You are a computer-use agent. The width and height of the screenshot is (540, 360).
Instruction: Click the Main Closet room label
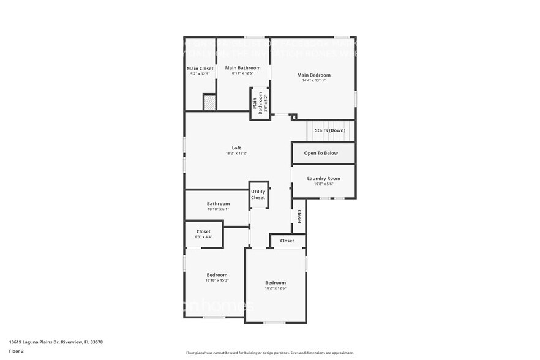click(x=200, y=69)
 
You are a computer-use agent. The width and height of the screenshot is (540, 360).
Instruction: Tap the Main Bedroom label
click(x=313, y=75)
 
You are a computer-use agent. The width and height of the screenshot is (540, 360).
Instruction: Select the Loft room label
click(x=236, y=148)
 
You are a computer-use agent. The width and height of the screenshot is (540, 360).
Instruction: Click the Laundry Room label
click(x=323, y=178)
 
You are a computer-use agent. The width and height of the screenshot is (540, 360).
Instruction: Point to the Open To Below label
click(x=321, y=153)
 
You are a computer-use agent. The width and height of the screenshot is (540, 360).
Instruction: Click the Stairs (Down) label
click(x=330, y=130)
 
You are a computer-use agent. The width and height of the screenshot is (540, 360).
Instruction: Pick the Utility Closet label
click(x=258, y=195)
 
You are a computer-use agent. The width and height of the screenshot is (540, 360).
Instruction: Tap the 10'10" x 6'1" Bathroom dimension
click(x=217, y=209)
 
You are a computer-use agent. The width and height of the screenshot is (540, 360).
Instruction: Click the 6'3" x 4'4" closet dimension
click(x=203, y=237)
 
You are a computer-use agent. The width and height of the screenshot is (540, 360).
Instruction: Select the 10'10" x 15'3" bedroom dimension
click(x=217, y=280)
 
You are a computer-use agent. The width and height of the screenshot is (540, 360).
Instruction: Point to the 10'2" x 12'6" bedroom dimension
click(x=276, y=288)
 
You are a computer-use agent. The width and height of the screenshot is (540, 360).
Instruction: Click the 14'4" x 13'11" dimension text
click(x=313, y=80)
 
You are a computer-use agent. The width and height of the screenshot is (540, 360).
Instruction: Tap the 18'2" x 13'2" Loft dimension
click(x=236, y=153)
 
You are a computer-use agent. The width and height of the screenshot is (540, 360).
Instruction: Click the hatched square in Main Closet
click(x=209, y=102)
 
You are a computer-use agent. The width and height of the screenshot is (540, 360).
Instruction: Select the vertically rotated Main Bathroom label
click(x=260, y=103)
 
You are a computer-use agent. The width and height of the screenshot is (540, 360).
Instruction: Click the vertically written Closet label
click(x=299, y=217)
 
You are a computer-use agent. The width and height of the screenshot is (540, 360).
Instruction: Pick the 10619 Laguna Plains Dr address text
click(x=56, y=342)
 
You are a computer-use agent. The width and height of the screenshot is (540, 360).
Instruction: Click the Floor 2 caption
click(x=17, y=351)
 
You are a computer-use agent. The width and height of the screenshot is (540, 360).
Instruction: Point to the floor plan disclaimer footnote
click(x=269, y=353)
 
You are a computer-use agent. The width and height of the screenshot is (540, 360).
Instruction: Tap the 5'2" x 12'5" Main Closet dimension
click(x=200, y=74)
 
